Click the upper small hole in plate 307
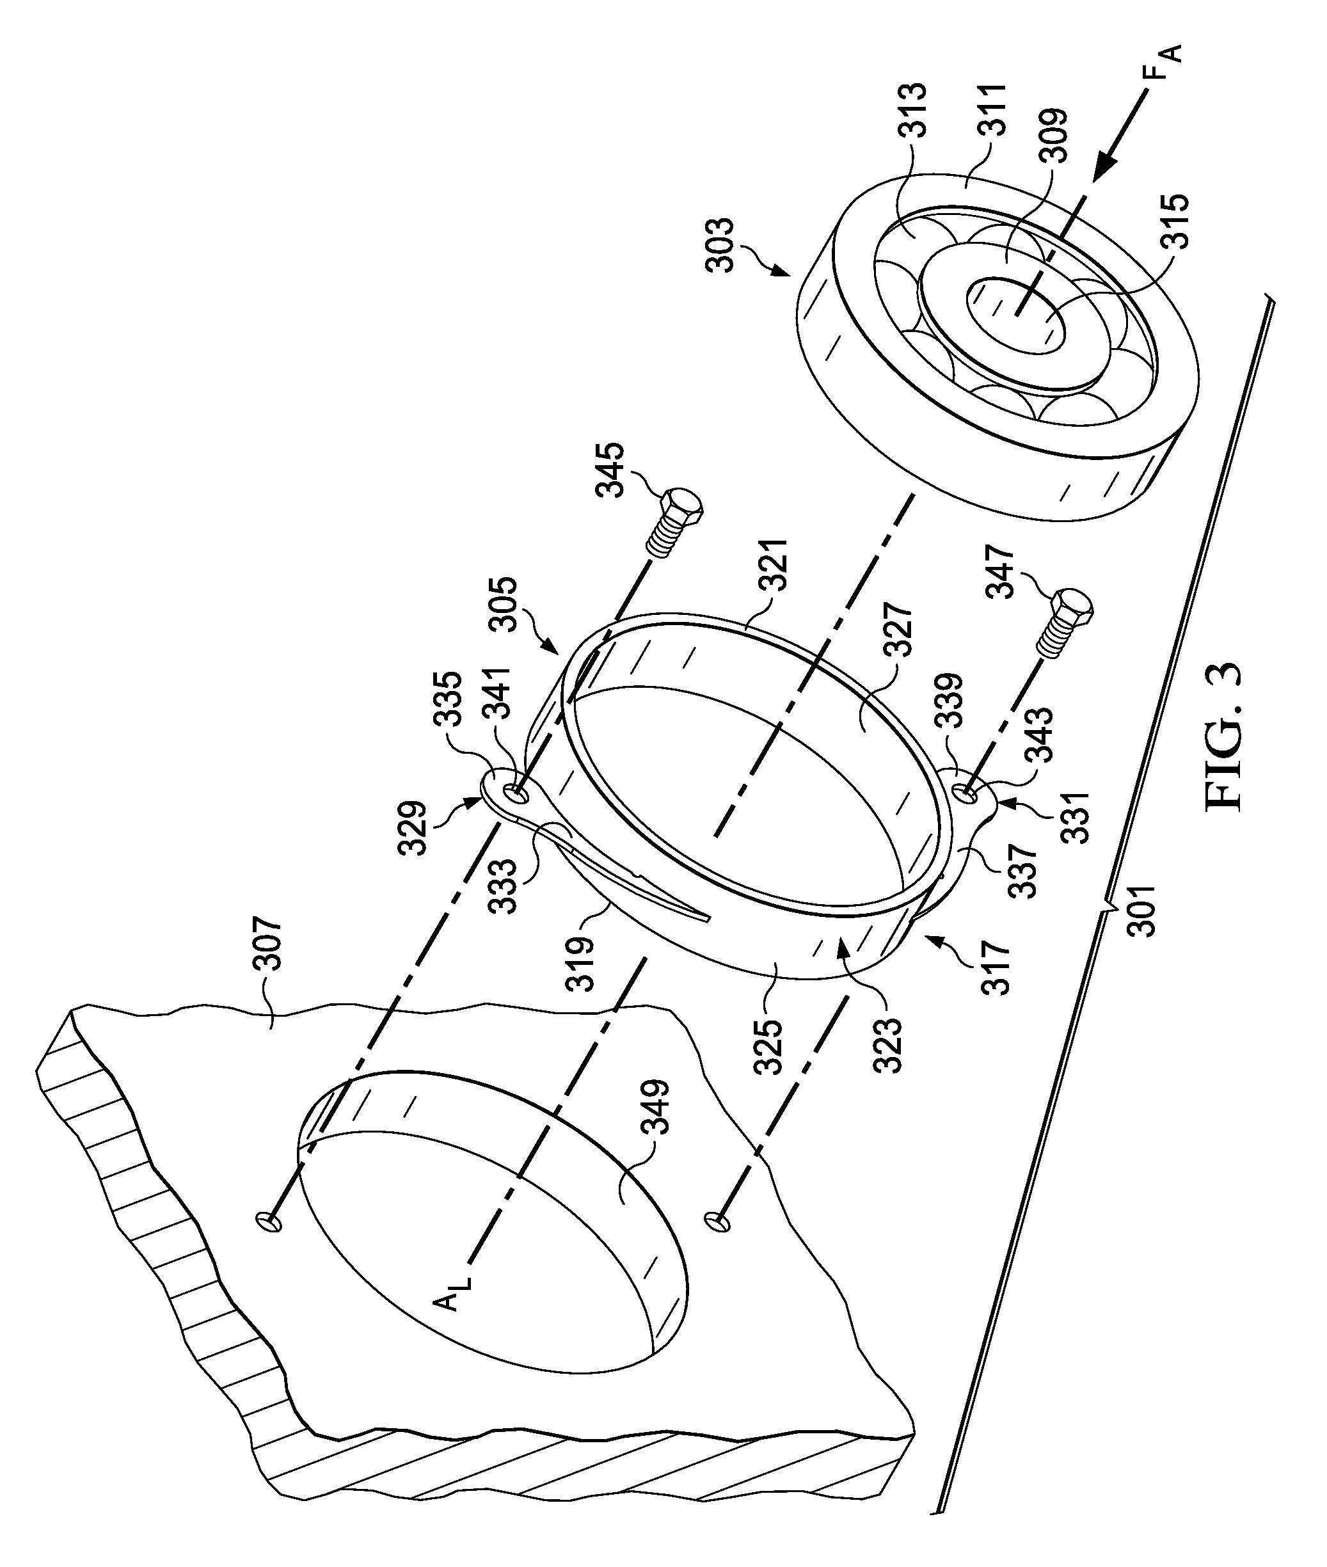[x=269, y=1221]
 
